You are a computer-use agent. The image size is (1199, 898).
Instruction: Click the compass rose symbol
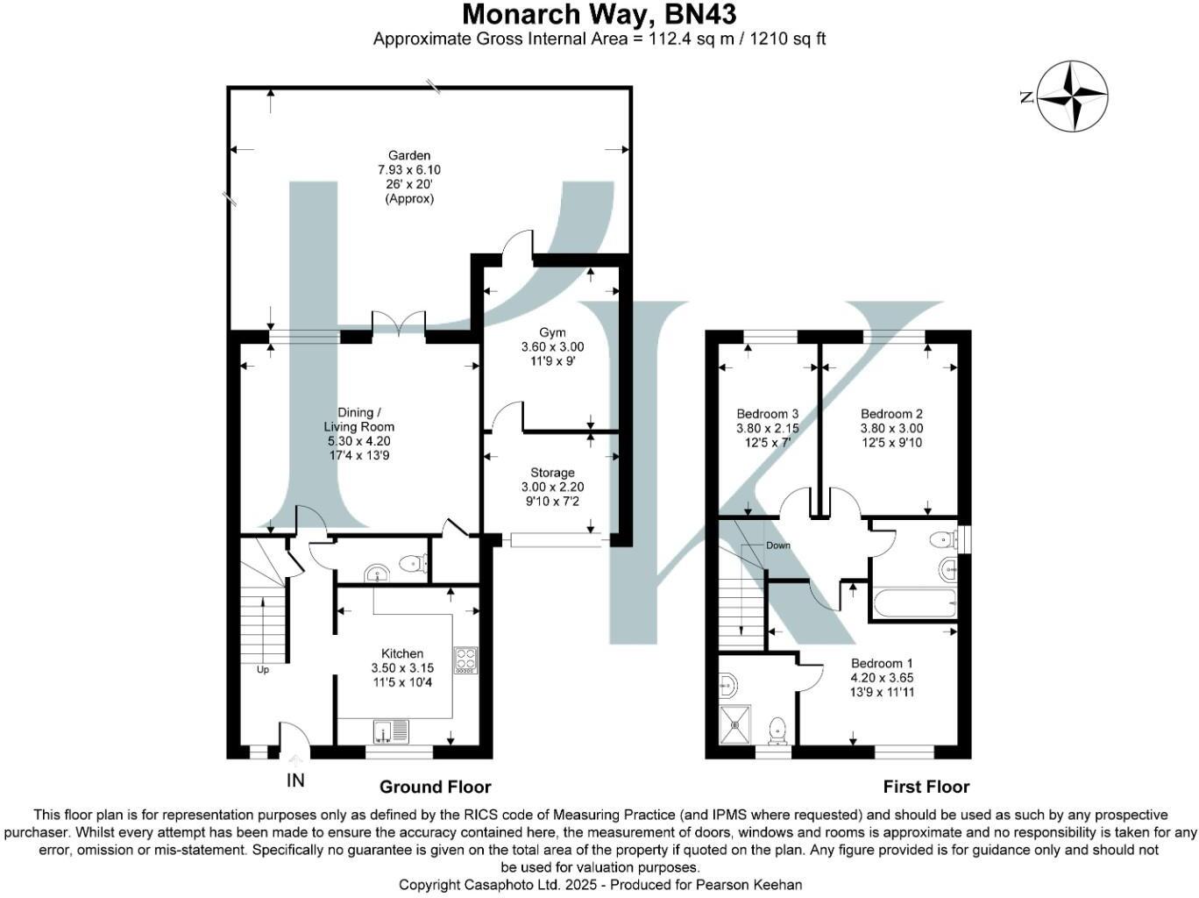[x=1072, y=96]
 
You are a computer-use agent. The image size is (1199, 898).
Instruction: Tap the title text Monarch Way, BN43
[x=599, y=15]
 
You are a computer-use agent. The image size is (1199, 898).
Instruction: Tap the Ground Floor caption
[x=435, y=787]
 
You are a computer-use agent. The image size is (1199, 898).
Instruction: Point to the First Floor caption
[x=926, y=787]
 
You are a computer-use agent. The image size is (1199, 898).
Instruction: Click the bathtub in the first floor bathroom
[x=914, y=603]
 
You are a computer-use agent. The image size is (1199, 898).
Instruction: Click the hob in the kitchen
[x=465, y=659]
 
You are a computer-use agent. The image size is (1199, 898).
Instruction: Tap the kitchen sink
[x=390, y=731]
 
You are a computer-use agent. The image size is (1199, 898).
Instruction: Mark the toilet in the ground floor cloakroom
[x=410, y=565]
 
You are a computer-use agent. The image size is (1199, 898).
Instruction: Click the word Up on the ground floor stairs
[x=262, y=670]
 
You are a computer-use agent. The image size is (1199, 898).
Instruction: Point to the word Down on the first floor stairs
[x=777, y=545]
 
